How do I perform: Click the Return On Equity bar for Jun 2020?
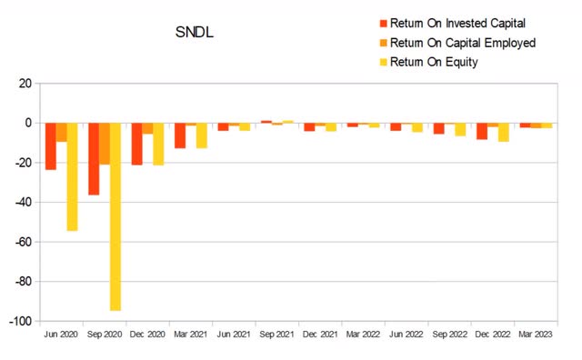[x=72, y=176]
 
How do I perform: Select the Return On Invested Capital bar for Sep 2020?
[x=94, y=158]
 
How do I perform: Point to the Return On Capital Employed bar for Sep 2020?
[x=105, y=144]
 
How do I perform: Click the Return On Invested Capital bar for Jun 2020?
[x=51, y=145]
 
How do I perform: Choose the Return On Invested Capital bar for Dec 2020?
[x=136, y=144]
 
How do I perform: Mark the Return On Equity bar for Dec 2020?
[x=158, y=144]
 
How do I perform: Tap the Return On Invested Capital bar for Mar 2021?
[x=180, y=135]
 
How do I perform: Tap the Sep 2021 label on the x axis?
[x=276, y=335]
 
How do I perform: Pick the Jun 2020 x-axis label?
[x=62, y=335]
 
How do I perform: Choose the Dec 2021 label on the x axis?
[x=320, y=335]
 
